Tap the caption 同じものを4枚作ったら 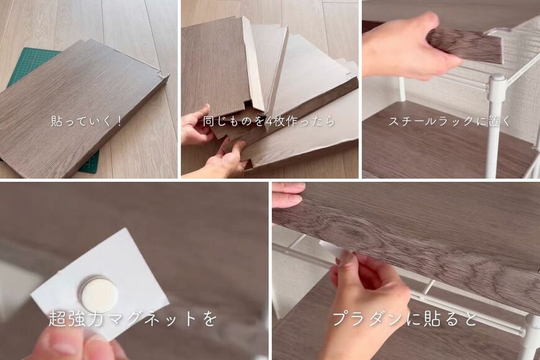[269, 121]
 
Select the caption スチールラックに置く [449, 121]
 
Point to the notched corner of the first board [163, 77]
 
